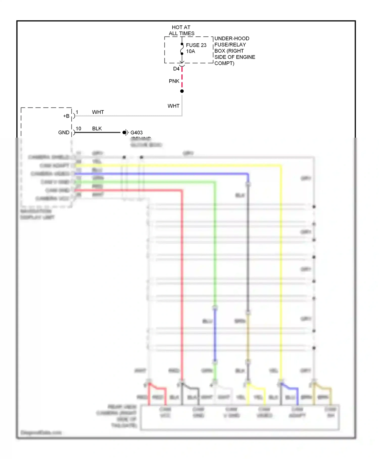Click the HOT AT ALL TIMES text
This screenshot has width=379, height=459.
[181, 30]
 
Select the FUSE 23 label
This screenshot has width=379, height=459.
[196, 45]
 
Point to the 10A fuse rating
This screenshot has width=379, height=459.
[191, 51]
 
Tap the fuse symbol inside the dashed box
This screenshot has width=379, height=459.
[182, 49]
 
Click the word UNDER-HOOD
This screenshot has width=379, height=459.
[232, 38]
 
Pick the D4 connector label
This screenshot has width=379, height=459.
[176, 69]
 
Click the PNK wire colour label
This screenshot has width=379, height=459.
[174, 81]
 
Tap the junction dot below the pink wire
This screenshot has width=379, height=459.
[182, 91]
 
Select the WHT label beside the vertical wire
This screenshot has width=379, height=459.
[173, 106]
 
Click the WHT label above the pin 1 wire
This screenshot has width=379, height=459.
[98, 112]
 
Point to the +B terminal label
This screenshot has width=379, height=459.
[66, 116]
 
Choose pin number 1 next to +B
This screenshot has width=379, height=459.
[77, 112]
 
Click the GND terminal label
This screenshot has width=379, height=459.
[64, 133]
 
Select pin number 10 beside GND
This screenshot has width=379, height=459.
[78, 129]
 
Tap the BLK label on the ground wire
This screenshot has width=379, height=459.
[97, 129]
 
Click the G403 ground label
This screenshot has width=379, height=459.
[136, 133]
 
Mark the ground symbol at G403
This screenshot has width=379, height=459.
[126, 132]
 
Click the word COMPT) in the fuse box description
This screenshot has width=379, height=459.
[224, 63]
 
